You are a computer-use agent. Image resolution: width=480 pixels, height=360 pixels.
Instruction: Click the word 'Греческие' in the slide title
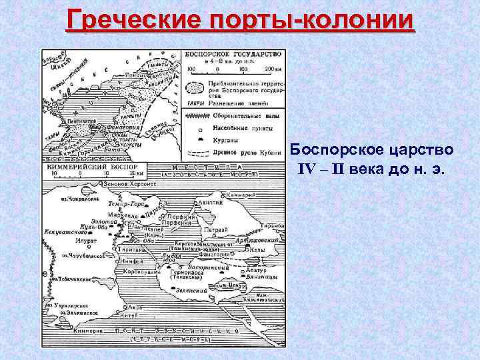127,21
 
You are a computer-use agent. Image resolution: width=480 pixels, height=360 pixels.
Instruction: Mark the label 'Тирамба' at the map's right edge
273,227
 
